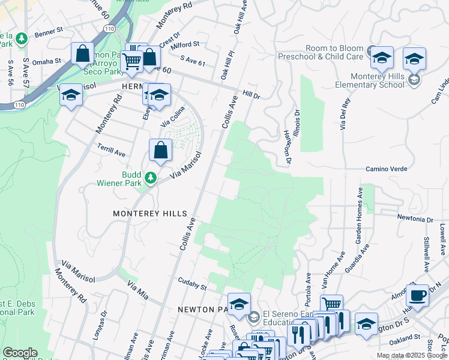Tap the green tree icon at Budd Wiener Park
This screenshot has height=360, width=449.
coord(151,178)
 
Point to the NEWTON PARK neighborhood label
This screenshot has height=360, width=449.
coord(202,310)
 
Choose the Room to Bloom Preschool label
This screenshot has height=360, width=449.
coord(321,53)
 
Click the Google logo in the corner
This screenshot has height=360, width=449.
coord(20,353)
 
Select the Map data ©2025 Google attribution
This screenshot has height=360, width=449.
coord(411,355)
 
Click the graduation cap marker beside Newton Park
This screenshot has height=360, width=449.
coord(239,304)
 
